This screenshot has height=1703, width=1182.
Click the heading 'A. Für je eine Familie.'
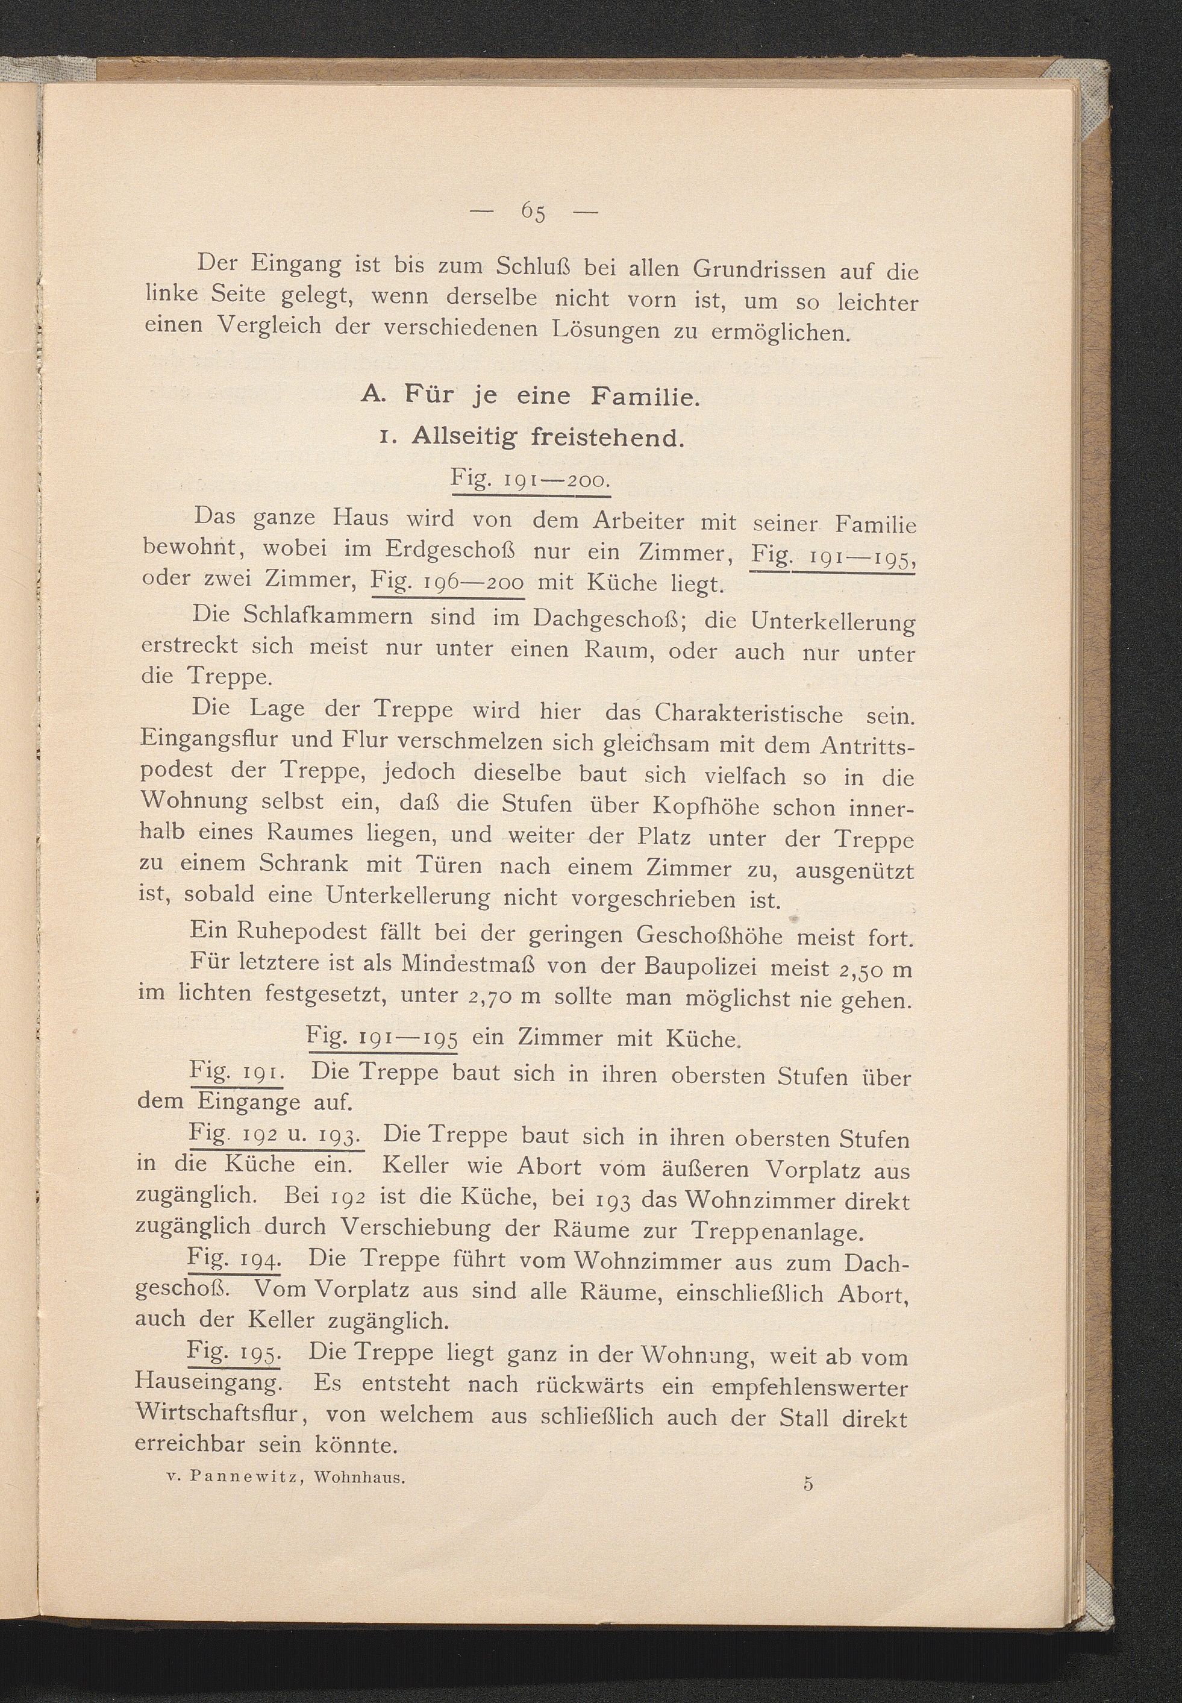(x=530, y=397)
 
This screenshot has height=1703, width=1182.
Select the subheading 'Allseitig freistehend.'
(x=546, y=437)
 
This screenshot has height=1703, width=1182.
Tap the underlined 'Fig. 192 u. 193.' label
(x=275, y=1134)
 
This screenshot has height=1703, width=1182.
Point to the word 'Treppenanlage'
(x=776, y=1231)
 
